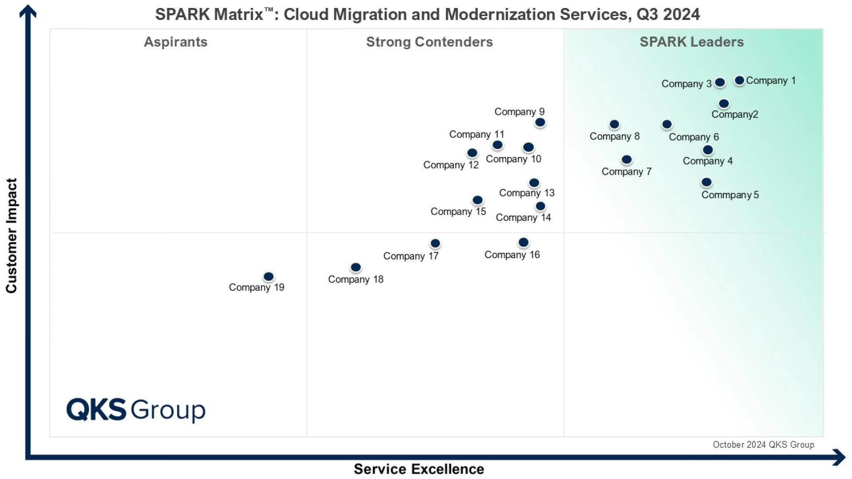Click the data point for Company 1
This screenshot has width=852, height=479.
(739, 80)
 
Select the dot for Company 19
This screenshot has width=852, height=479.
(268, 277)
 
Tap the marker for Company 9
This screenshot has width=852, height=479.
(540, 122)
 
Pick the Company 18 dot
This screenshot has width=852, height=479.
(356, 267)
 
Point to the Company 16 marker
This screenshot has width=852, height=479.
(524, 242)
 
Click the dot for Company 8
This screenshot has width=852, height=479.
(615, 124)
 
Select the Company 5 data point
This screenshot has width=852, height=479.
(706, 182)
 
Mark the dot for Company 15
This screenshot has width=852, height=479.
(477, 200)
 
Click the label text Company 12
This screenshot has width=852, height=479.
(451, 165)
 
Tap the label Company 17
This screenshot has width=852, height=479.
(411, 256)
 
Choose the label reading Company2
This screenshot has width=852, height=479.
(735, 114)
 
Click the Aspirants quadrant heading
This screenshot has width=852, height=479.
(176, 42)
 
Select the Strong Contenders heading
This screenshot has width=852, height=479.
(429, 42)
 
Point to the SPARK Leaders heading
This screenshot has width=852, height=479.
(691, 42)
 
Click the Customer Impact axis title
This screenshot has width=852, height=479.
(12, 236)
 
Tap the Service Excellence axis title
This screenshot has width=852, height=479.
(418, 469)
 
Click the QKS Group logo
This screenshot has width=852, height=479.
(136, 409)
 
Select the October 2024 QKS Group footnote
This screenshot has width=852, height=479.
(763, 445)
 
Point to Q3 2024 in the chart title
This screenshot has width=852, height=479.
(668, 14)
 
